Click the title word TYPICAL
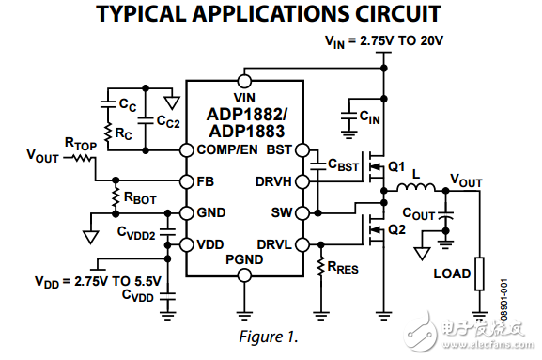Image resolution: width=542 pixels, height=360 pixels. [x=143, y=14]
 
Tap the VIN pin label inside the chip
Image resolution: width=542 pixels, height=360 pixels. [x=244, y=97]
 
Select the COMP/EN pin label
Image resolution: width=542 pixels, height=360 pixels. [x=233, y=149]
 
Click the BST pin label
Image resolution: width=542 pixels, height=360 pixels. [x=280, y=149]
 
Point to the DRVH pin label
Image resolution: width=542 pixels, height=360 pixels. [x=274, y=180]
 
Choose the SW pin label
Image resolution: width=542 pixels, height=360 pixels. [x=283, y=212]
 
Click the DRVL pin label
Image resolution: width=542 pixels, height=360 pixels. [x=275, y=244]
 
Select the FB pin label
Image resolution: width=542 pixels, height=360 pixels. [x=206, y=180]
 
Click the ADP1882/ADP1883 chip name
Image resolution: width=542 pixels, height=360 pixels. [x=244, y=122]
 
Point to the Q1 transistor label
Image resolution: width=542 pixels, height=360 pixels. [x=396, y=167]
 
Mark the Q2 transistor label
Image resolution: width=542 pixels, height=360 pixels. [x=396, y=228]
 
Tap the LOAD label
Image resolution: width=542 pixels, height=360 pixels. [x=452, y=274]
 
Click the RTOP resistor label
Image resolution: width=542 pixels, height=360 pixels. [x=79, y=143]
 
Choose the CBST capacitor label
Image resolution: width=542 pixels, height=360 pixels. [x=343, y=165]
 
